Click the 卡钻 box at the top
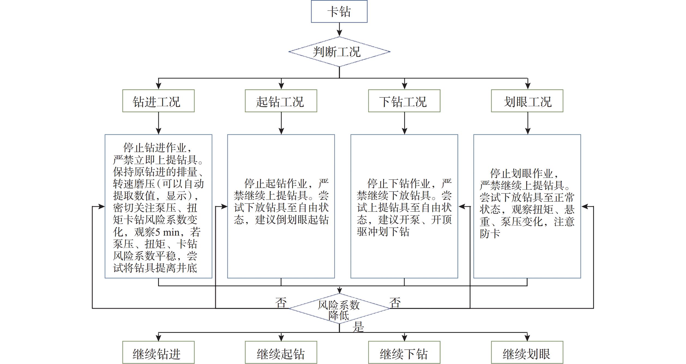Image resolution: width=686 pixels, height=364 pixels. (x=339, y=11)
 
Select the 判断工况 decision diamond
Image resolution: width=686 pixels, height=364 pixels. (x=339, y=52)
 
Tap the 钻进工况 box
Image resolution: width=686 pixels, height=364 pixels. (x=158, y=101)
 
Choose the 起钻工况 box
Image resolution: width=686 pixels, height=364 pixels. (x=281, y=101)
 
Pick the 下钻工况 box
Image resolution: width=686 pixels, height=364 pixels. (x=404, y=101)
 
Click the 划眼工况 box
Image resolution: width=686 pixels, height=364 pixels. (x=527, y=101)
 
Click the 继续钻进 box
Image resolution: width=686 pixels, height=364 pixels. (x=158, y=353)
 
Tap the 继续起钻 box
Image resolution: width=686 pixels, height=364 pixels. (x=281, y=353)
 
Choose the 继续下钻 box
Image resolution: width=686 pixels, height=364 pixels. (x=404, y=353)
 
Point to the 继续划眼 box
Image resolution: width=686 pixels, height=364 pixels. (x=527, y=353)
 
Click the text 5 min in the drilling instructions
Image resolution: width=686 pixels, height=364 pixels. (x=167, y=232)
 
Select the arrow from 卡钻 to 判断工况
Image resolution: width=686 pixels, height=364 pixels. (x=339, y=29)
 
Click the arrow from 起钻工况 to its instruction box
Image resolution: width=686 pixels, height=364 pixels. (x=281, y=123)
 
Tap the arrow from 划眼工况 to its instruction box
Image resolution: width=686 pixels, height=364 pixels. (x=528, y=123)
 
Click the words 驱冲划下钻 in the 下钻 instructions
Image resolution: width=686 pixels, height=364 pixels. (x=383, y=232)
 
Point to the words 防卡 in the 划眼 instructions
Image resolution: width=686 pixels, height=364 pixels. (x=490, y=234)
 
